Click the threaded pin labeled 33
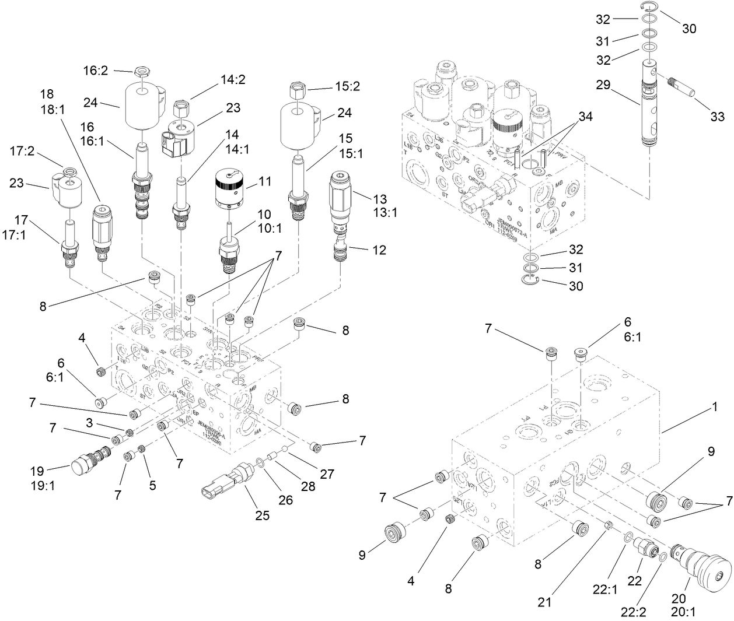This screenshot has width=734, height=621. click(683, 87)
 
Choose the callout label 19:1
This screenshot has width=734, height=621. click(43, 485)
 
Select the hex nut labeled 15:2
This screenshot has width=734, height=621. click(297, 89)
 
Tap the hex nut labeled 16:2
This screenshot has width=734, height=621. click(139, 72)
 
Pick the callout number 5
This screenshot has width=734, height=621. click(152, 484)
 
